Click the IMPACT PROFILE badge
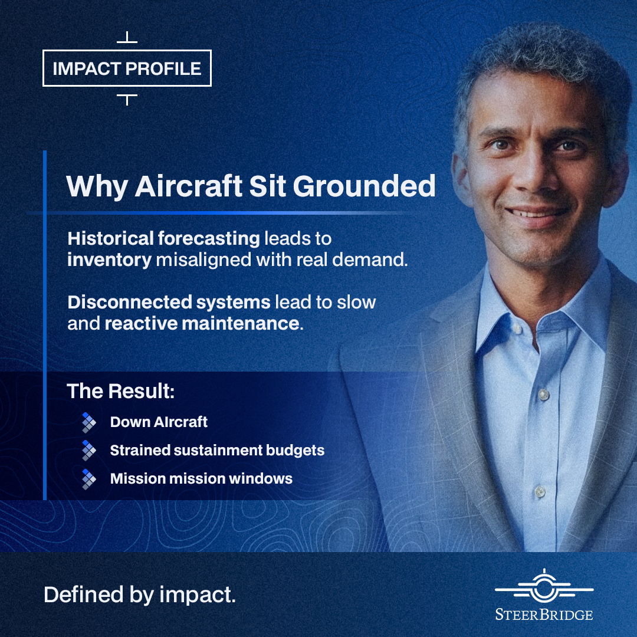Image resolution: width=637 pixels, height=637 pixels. [127, 68]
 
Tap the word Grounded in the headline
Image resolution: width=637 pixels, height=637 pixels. [364, 186]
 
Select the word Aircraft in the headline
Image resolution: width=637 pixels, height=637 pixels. [189, 186]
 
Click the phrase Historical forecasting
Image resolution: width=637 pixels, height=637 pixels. [164, 238]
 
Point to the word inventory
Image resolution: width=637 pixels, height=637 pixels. [109, 260]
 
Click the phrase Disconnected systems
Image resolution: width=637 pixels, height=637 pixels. [169, 302]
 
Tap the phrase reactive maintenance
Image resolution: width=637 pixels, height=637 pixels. [202, 324]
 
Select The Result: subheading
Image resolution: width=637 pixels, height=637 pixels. [121, 391]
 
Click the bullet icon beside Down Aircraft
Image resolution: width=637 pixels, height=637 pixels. [89, 422]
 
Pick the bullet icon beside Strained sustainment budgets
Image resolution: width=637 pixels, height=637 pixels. [89, 451]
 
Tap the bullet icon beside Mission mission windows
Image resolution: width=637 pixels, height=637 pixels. [89, 479]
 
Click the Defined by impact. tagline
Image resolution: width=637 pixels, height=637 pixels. [140, 595]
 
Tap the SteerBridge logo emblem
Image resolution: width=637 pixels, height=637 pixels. [544, 586]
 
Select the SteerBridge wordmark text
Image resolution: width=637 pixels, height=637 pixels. [544, 615]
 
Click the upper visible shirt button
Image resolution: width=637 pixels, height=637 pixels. [544, 394]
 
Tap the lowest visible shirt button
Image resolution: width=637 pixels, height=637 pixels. [540, 491]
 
